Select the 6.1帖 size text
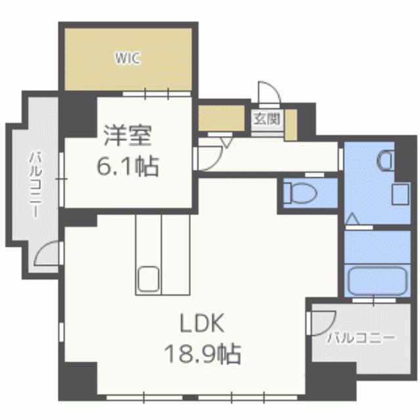point(128,167)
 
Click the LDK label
point(203,323)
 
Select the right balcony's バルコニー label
point(361,339)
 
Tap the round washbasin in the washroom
point(386,159)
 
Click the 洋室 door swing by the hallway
point(210,156)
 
